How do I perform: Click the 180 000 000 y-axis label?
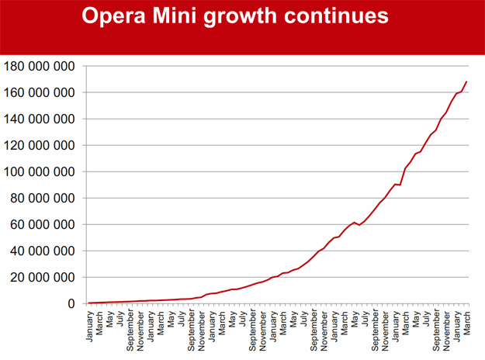(x=40, y=66)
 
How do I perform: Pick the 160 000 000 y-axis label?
(x=40, y=92)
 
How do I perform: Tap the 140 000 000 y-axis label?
(x=40, y=119)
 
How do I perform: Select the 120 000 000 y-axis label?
(x=40, y=145)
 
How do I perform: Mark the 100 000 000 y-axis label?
(x=40, y=171)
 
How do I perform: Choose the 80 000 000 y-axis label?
(x=43, y=198)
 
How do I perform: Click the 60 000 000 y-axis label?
(x=43, y=224)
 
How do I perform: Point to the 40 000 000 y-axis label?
(x=43, y=251)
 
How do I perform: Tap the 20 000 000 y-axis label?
(x=43, y=277)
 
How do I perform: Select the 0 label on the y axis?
(x=71, y=303)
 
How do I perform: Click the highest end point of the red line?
(x=466, y=81)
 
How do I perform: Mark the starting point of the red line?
(x=89, y=303)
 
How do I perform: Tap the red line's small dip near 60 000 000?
(x=359, y=225)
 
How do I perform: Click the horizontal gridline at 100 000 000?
(x=233, y=171)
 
